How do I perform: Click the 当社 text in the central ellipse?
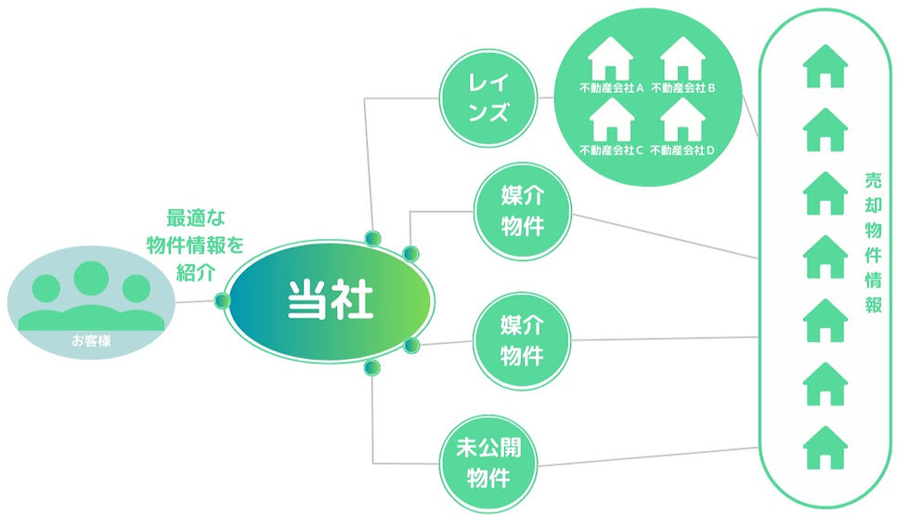(330, 300)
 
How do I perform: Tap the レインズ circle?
(487, 99)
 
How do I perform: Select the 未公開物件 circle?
(487, 462)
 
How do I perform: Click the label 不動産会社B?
(682, 89)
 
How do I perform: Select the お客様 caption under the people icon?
(91, 341)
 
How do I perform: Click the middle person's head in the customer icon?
(91, 277)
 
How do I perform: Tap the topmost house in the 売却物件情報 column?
(825, 67)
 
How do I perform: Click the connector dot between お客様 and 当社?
(222, 300)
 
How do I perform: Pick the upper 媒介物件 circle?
(522, 212)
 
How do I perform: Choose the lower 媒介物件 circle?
(522, 340)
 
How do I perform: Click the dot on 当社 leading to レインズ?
(373, 237)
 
